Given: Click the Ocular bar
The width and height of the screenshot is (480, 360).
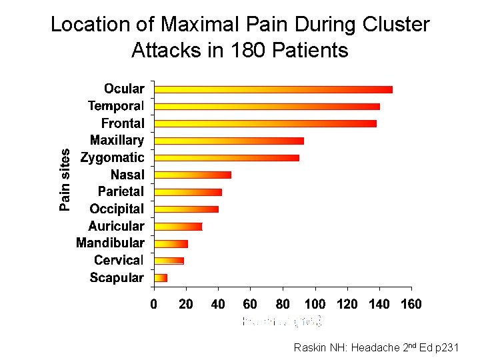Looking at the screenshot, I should coord(273,89).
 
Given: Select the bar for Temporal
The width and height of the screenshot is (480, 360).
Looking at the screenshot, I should coord(267,107).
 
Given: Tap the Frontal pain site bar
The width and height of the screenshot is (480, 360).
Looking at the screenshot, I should coord(265,123).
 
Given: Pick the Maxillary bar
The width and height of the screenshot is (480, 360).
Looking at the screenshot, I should coord(229,141).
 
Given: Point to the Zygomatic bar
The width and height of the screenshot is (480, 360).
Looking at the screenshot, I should coord(227,158).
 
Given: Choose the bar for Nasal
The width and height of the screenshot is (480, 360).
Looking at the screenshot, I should coord(193,175).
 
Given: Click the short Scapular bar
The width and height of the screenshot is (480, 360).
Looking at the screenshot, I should coord(161,278).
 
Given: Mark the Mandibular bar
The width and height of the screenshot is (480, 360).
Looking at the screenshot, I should coord(171,244).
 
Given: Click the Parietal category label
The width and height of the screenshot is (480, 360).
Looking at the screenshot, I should coord(121,192).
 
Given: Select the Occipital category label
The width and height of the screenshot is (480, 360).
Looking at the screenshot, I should coord(117,209).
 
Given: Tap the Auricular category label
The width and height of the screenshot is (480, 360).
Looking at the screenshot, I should coord(116,227).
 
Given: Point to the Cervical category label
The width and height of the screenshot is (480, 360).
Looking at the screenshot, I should coord(119,261).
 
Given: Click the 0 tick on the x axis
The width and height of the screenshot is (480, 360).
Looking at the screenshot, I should coord(154,305).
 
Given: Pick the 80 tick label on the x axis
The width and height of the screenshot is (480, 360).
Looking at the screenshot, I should coord(283,305).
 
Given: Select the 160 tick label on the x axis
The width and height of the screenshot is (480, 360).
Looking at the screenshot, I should coord(411,305).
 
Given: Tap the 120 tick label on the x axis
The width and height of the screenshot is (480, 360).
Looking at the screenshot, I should coord(347,305).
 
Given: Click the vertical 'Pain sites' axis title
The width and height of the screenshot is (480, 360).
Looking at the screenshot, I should coord(65,180).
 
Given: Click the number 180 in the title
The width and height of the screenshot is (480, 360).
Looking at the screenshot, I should coord(249,50).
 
